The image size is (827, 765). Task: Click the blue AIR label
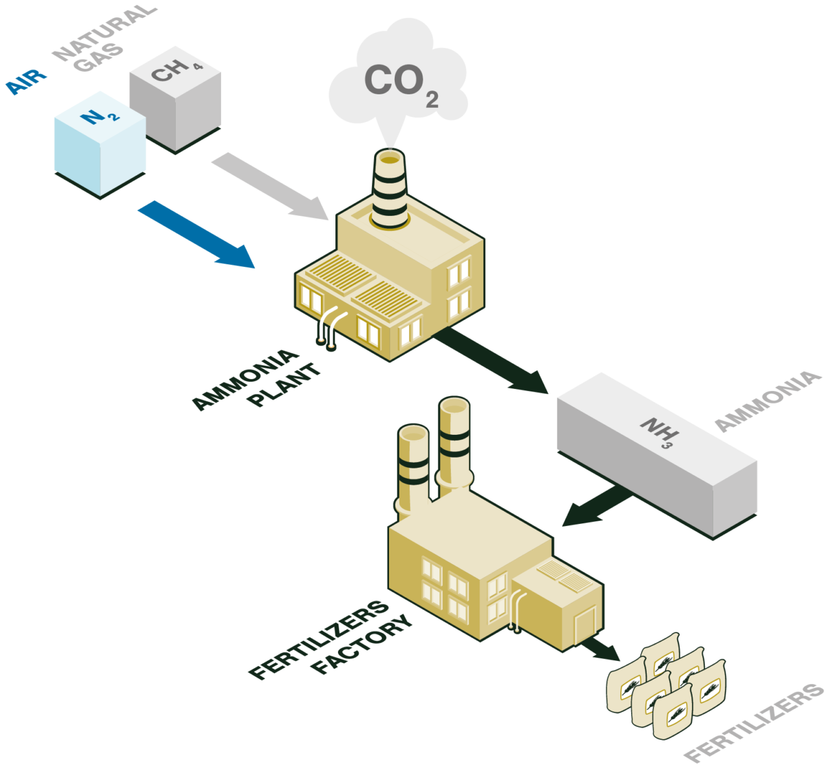pyautogui.click(x=26, y=81)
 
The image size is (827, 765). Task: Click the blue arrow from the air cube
pyautogui.click(x=196, y=234)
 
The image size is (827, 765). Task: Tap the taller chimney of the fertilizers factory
pyautogui.click(x=454, y=446)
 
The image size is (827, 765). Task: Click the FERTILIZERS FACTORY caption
pyautogui.click(x=330, y=640)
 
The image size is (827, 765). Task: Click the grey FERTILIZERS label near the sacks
pyautogui.click(x=755, y=724)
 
